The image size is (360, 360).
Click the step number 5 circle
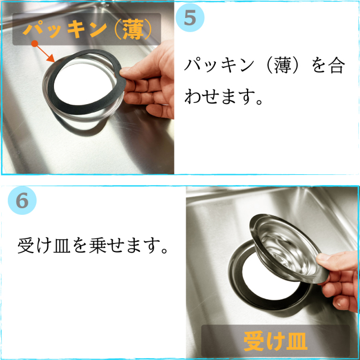click(x=190, y=17)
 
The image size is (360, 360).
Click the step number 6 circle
click(x=22, y=200)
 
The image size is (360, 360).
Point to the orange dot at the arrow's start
click(x=34, y=43)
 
